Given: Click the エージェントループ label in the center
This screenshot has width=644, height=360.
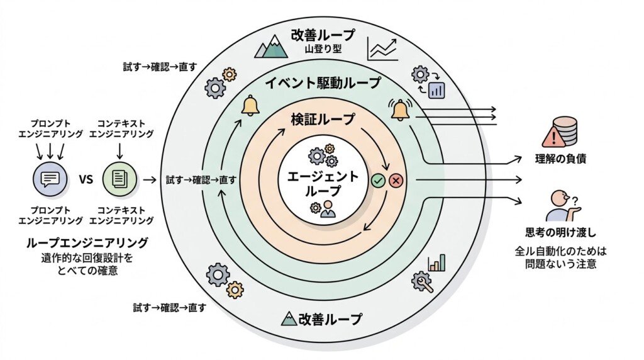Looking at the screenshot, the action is tap(323, 184).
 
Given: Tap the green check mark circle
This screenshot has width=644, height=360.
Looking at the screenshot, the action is tap(378, 180).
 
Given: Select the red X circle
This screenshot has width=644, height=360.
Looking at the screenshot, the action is tap(396, 180).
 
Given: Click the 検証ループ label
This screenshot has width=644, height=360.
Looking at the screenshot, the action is tap(323, 119).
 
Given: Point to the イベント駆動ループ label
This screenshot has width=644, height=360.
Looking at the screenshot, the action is tap(323, 83).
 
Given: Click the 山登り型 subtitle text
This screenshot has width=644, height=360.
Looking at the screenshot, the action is tap(323, 49).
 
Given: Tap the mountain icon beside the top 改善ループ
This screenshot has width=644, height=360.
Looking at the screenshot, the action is tap(271, 46).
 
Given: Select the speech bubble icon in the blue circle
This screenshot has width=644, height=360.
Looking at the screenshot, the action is tap(50, 179).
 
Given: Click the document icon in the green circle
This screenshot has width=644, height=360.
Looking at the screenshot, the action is tap(119, 179).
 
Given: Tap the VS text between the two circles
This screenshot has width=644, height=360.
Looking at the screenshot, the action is tap(86, 179).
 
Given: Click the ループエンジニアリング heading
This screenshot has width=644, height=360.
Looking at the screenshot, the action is tap(87, 242).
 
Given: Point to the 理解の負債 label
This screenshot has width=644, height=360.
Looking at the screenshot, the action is tap(560, 159).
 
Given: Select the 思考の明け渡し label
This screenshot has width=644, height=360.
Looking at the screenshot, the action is tap(560, 233).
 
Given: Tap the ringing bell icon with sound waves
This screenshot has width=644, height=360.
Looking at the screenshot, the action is tap(401, 110).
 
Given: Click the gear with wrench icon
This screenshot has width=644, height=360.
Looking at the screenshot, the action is tap(422, 283).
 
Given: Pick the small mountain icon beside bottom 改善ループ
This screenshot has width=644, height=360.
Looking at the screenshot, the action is tap(289, 318).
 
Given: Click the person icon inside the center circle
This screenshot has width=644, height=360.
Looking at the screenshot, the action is tap(328, 209).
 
